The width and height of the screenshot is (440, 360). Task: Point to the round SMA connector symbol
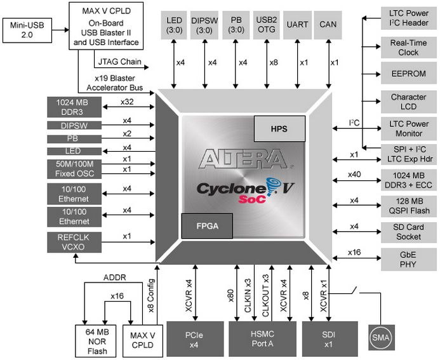[380, 336]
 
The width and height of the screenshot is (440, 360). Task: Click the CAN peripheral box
[328, 24]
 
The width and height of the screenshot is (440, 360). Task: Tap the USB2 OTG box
[265, 24]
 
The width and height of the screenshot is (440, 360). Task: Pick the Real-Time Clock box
[408, 48]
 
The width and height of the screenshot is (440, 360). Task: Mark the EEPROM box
[408, 73]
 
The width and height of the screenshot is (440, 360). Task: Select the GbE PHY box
[408, 258]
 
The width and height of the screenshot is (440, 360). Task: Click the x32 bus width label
[126, 101]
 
